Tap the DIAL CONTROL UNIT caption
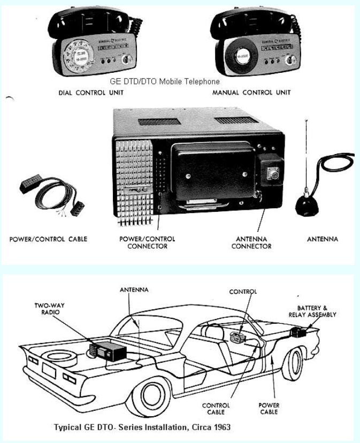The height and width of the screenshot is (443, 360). point(91,93)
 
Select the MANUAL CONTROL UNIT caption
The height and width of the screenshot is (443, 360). point(251,93)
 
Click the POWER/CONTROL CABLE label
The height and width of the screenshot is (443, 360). point(48,239)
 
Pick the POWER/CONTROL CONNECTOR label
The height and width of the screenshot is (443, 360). point(147,242)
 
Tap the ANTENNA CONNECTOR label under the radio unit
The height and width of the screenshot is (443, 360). point(251,242)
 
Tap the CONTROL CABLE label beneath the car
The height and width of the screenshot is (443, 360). point(216,409)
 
